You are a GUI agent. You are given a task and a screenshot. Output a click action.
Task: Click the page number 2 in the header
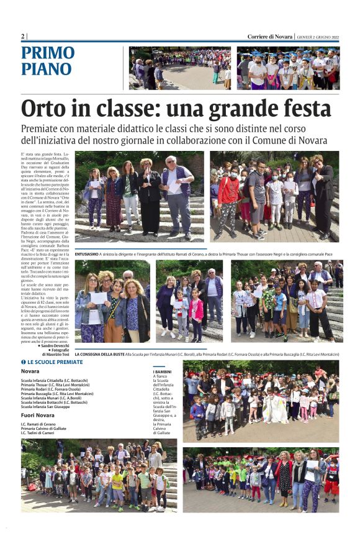pos(23,36)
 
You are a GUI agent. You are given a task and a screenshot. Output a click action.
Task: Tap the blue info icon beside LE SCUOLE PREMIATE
pos(23,362)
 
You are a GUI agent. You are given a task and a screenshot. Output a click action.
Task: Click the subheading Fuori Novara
pos(38,416)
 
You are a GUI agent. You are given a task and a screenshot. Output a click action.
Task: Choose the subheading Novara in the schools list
pos(30,371)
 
